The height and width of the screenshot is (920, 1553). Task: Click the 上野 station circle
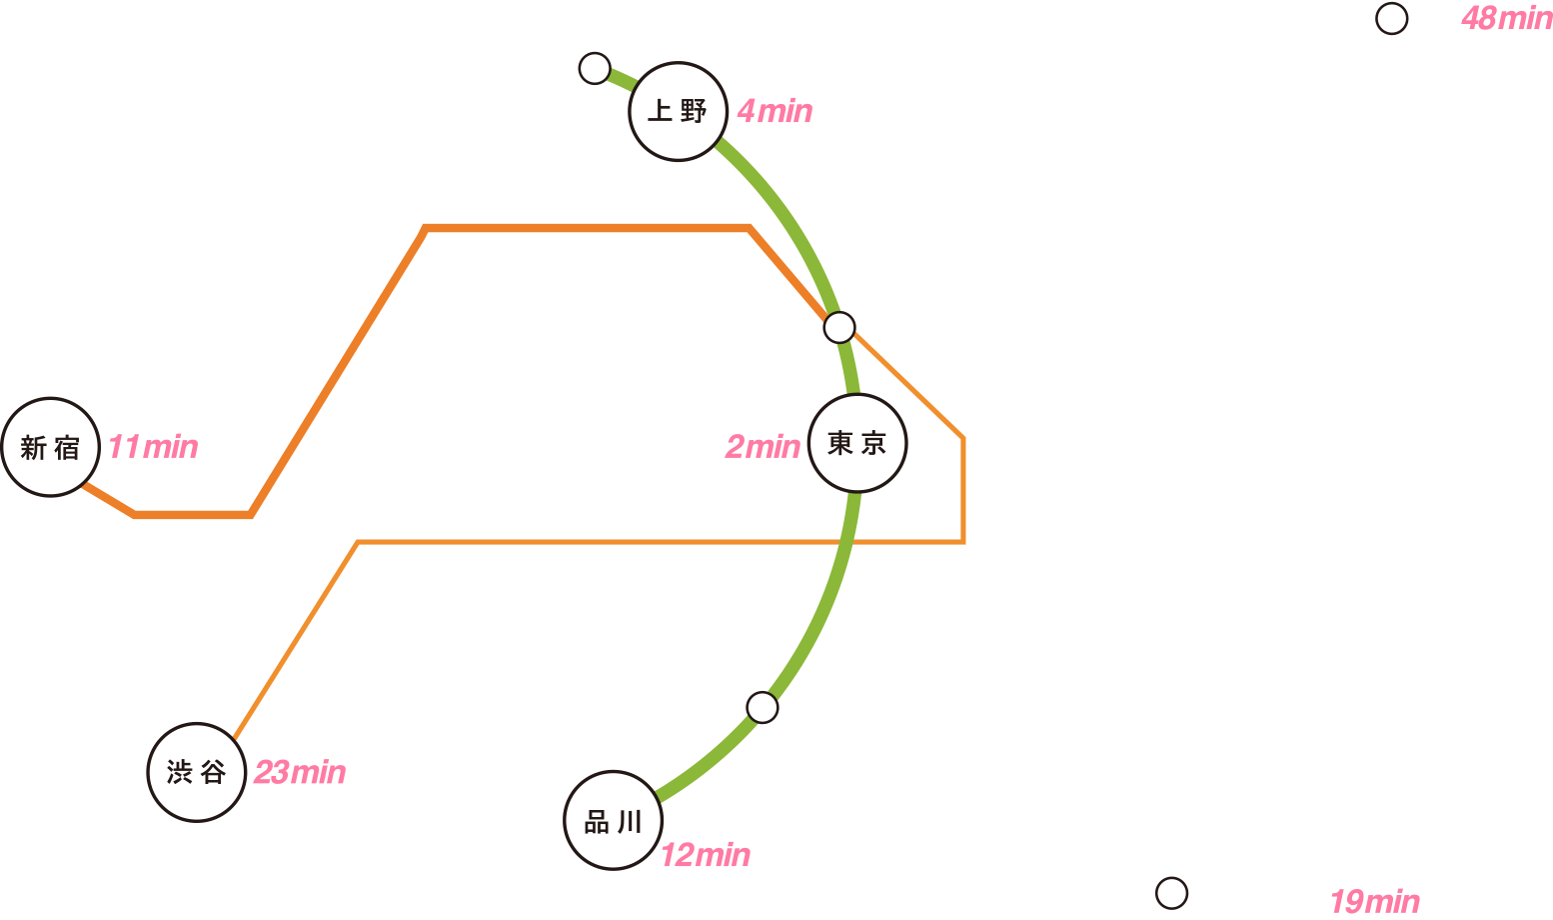click(x=678, y=112)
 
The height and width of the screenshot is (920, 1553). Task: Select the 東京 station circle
click(x=857, y=443)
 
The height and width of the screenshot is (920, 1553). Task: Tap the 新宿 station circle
click(x=51, y=448)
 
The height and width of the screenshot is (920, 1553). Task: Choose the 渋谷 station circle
click(x=196, y=772)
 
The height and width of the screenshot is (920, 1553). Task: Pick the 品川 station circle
click(x=613, y=820)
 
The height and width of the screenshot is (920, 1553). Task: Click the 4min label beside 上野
click(x=775, y=111)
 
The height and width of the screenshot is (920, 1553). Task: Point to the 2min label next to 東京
click(x=763, y=447)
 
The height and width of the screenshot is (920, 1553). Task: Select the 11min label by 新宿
click(x=153, y=447)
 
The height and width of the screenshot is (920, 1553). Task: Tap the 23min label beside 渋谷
click(x=300, y=772)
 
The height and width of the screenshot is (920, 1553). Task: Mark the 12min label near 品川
click(x=706, y=855)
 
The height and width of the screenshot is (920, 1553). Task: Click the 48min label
click(x=1507, y=19)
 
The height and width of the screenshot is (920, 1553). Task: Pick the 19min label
click(x=1375, y=902)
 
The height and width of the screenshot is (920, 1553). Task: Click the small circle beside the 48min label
click(x=1391, y=19)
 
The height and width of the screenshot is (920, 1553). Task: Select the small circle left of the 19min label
click(x=1171, y=893)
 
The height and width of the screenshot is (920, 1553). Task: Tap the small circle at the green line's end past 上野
click(x=595, y=69)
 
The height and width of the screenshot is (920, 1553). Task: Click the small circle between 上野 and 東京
click(x=838, y=327)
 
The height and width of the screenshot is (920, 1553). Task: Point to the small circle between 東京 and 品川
click(x=762, y=708)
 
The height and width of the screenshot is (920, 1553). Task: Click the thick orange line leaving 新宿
click(x=425, y=229)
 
